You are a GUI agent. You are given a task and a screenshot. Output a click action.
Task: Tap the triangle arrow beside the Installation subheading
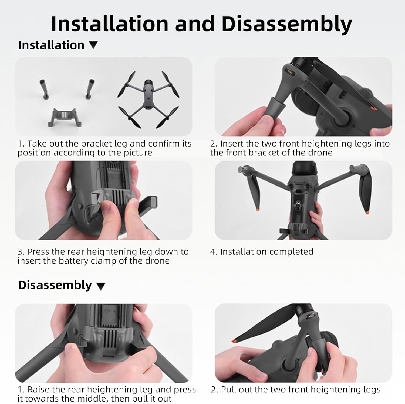93,45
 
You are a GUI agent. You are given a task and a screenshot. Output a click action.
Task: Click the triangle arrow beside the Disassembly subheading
101,286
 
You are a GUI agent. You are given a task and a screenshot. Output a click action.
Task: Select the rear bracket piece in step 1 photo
62,117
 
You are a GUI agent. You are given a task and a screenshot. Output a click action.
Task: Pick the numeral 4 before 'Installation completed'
212,252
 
